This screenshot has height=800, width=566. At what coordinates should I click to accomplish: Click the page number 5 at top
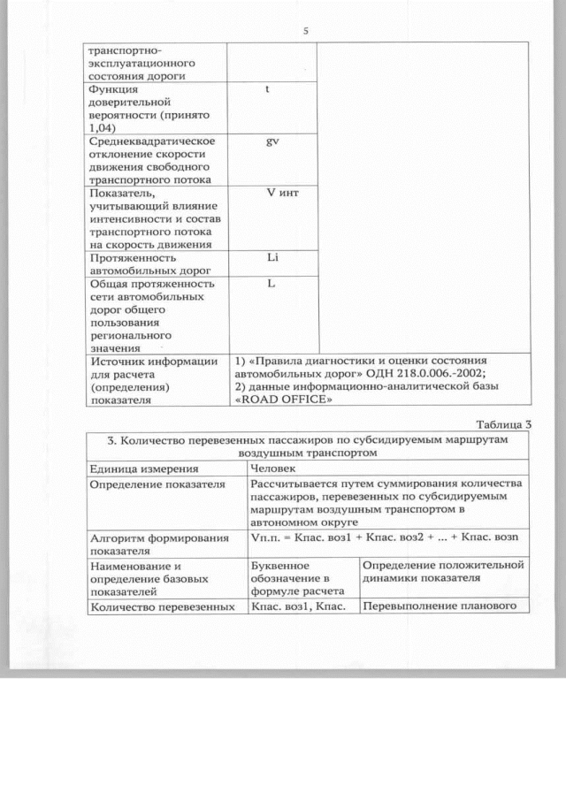click(x=305, y=31)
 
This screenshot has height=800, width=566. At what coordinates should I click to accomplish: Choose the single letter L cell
click(x=272, y=284)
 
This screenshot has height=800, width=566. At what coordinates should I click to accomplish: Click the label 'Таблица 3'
click(x=501, y=423)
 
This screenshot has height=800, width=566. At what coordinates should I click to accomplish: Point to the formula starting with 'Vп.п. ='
click(x=384, y=538)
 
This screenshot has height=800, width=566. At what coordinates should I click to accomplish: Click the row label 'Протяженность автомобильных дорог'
click(x=147, y=263)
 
